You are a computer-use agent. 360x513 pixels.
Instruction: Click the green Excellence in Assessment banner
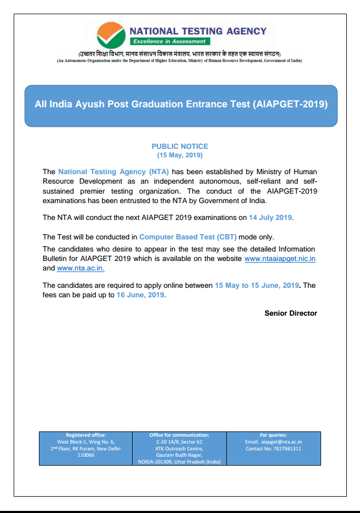(169, 42)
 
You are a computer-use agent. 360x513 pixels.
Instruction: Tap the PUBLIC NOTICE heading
(179, 146)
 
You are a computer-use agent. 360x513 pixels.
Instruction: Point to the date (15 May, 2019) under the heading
(179, 155)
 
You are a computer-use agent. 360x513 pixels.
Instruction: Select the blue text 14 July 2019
(271, 217)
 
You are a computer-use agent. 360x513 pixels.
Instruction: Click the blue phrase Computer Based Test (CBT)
(188, 237)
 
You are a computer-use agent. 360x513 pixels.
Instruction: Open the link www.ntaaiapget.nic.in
(280, 259)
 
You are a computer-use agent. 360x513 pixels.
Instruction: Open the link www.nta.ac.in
(81, 268)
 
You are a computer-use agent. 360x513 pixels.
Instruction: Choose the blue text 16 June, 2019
(141, 295)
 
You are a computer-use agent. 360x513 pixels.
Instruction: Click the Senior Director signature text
(291, 313)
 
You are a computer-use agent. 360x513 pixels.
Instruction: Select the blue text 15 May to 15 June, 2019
(257, 285)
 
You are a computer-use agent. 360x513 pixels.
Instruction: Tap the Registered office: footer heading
(86, 435)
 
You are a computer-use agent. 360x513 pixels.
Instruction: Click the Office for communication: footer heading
(179, 435)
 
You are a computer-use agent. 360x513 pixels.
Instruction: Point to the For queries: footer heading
(273, 435)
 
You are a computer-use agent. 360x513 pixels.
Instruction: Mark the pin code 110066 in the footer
(86, 455)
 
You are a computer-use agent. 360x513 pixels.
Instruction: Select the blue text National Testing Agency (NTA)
(114, 172)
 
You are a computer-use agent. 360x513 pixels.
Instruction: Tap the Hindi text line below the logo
(179, 54)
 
